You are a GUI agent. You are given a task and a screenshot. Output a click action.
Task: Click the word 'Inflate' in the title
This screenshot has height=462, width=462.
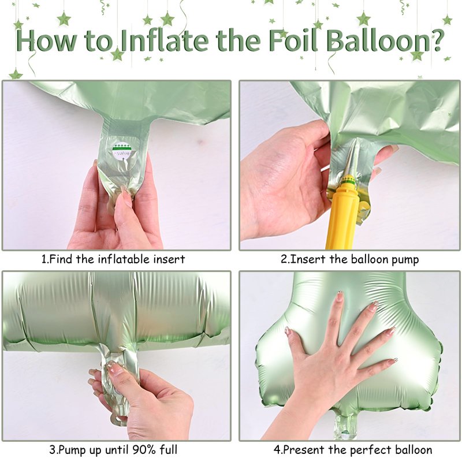[x=165, y=40]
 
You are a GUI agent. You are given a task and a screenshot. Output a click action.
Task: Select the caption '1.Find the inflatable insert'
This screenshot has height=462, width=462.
[x=113, y=259]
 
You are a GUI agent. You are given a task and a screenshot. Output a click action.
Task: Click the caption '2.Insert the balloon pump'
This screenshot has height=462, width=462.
[x=349, y=259]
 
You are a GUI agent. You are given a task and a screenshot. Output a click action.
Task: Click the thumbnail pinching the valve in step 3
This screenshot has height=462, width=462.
[x=117, y=368]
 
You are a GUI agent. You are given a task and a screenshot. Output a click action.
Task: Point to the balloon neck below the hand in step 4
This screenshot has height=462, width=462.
[x=345, y=424]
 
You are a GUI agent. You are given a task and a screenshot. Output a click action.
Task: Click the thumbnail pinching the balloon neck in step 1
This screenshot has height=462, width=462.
[x=126, y=197]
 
